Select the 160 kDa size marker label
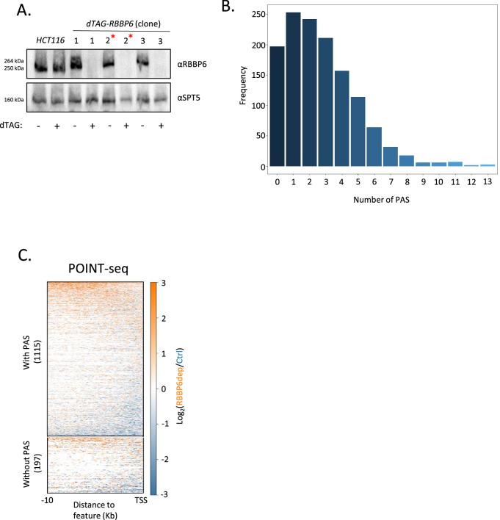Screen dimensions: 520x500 point(12,98)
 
